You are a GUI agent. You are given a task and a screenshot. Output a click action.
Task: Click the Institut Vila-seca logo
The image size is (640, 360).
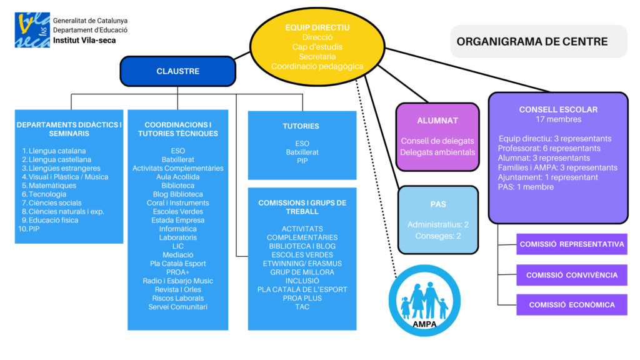click(33, 30)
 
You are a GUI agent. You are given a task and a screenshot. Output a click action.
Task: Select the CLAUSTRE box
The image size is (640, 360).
click(178, 71)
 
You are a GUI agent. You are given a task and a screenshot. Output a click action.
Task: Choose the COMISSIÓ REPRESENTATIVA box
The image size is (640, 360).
click(572, 244)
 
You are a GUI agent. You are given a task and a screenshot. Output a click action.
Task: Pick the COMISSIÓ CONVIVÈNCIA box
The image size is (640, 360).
click(572, 275)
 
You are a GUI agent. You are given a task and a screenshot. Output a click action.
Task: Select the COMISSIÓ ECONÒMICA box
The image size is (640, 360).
click(572, 305)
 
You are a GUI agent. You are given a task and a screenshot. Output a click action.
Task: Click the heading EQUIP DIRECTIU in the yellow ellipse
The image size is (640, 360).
click(317, 27)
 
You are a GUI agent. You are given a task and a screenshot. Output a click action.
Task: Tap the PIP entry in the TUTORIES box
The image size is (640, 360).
click(302, 161)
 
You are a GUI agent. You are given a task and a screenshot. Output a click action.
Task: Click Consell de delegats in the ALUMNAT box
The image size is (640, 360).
click(437, 141)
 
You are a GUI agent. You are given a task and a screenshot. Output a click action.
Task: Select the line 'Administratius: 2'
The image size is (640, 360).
click(437, 224)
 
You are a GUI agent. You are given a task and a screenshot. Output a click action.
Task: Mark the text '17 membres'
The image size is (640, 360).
click(558, 119)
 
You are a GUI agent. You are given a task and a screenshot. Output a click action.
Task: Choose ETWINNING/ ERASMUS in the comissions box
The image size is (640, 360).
click(302, 264)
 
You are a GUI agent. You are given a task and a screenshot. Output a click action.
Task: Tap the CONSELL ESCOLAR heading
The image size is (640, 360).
click(558, 109)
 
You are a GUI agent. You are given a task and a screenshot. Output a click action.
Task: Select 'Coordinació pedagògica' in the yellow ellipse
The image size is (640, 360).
click(317, 66)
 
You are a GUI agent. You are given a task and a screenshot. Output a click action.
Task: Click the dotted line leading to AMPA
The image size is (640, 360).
click(379, 175)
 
